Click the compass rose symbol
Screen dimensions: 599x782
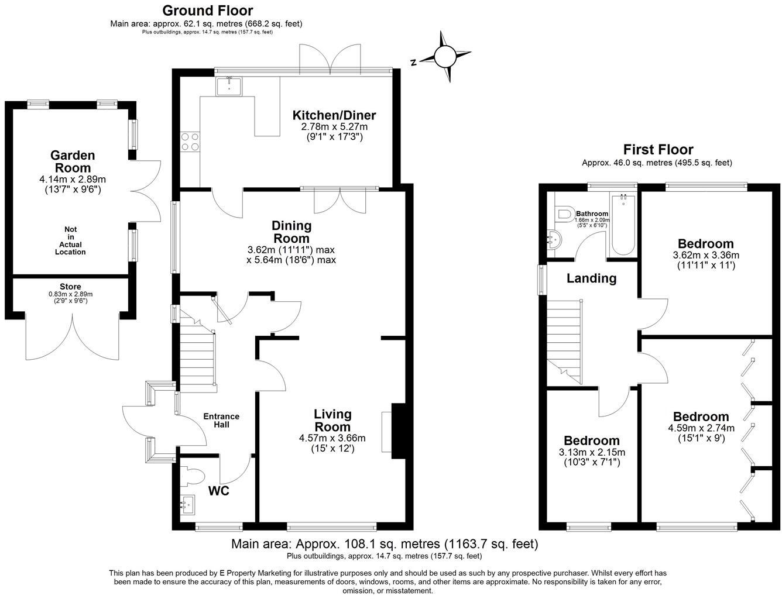tap(444, 57)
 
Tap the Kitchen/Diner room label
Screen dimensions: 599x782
tap(334, 115)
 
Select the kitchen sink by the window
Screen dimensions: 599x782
tap(229, 87)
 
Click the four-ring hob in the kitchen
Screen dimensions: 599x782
tap(189, 142)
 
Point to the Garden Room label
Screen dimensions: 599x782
tap(73, 161)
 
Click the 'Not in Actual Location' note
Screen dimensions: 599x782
tap(71, 241)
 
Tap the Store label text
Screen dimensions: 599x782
tap(70, 287)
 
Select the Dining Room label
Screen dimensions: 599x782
tap(291, 232)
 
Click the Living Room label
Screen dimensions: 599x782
tap(332, 420)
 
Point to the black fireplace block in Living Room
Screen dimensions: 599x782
tap(398, 431)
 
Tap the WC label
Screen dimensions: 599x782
tap(219, 490)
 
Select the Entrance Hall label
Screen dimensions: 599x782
tap(221, 420)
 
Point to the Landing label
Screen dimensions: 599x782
tap(591, 278)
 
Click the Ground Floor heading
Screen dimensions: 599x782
tap(207, 10)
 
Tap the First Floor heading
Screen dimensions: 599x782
tap(658, 150)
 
